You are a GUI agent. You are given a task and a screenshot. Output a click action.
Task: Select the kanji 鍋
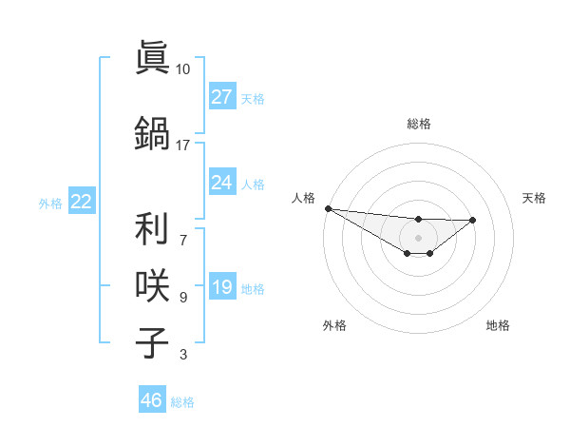tap(152, 130)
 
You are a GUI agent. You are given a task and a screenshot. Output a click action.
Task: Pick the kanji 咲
tap(152, 285)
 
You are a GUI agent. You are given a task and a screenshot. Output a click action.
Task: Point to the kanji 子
tap(152, 341)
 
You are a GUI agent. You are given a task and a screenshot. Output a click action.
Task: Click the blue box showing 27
tap(222, 97)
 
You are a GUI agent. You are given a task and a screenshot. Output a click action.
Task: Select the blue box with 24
tap(222, 183)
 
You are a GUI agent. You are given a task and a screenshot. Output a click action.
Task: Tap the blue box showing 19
tap(222, 287)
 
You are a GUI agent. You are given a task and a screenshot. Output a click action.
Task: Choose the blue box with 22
tap(82, 202)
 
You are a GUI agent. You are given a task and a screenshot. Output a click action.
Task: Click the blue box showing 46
tap(152, 400)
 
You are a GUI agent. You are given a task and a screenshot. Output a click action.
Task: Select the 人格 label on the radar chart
tap(303, 198)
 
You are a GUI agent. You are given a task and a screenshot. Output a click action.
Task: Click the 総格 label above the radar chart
tap(418, 124)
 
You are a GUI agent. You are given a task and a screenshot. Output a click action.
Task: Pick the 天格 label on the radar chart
tap(535, 198)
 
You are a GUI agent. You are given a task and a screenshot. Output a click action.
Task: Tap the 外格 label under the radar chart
tap(334, 325)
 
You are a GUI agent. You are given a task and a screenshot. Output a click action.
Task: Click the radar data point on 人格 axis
tap(328, 208)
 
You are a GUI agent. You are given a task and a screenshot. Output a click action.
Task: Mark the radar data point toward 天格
tap(473, 220)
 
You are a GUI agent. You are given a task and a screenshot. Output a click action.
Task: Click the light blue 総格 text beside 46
tap(182, 402)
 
